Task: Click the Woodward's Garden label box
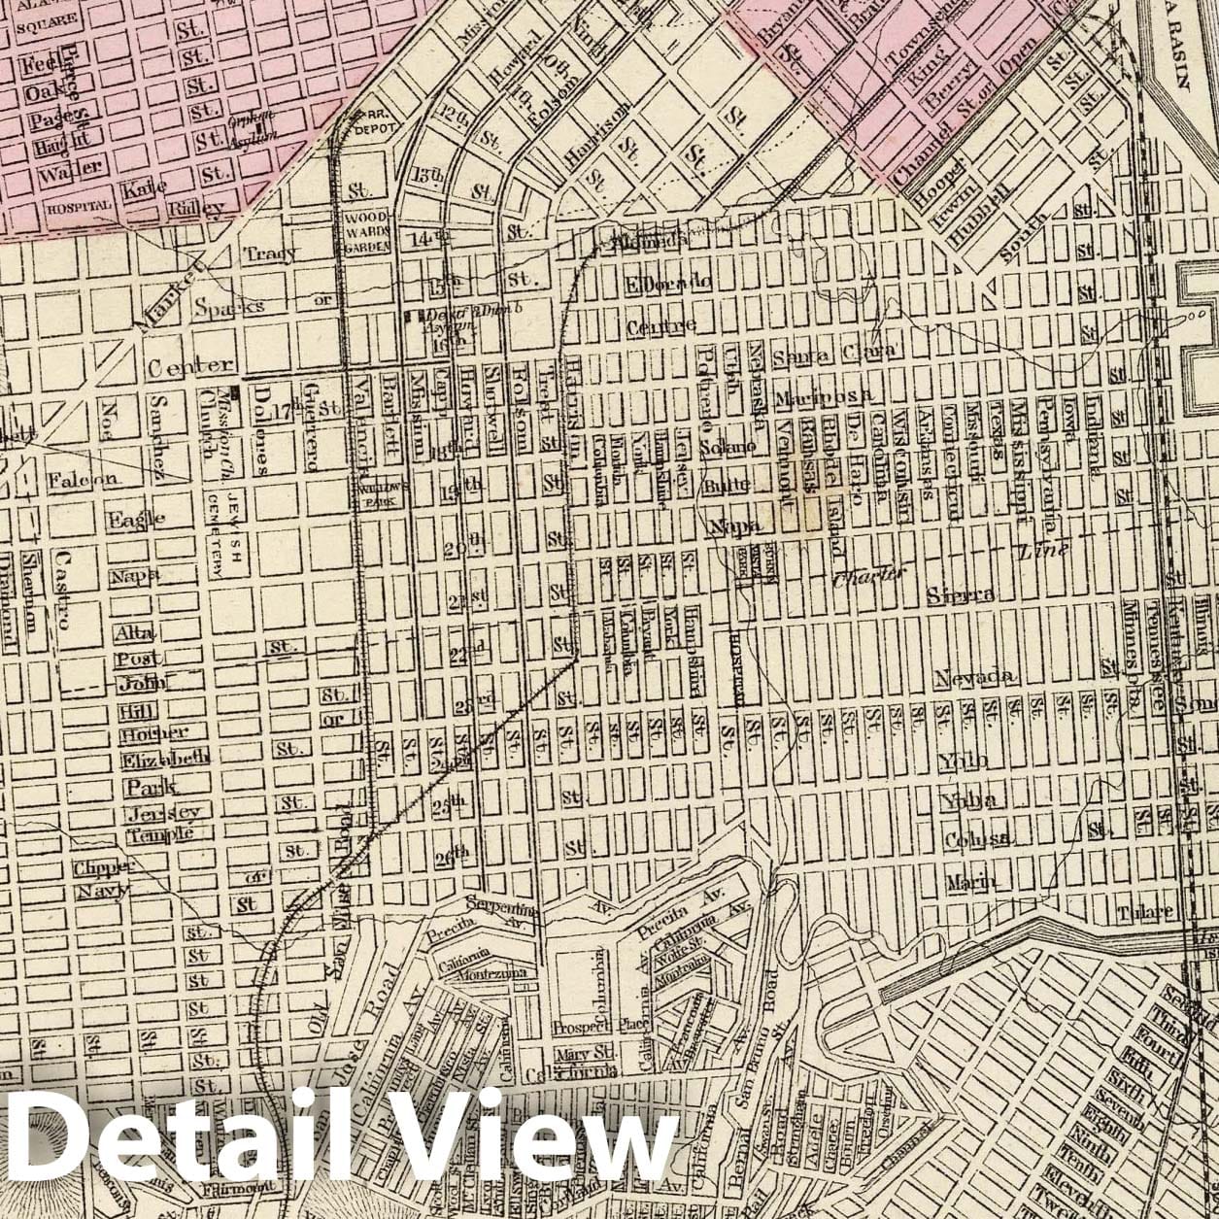(367, 232)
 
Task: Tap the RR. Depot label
(373, 122)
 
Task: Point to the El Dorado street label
(669, 284)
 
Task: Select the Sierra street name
(961, 595)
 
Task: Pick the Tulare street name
(1145, 913)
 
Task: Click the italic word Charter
(868, 574)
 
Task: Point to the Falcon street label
(83, 478)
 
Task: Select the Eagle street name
(136, 519)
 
